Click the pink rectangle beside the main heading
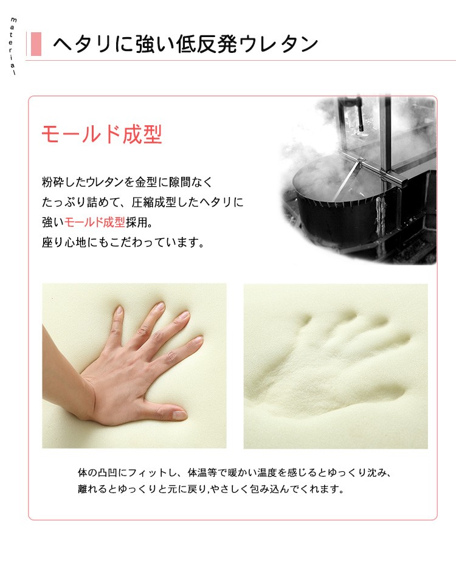(36, 44)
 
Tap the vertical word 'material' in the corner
(13, 46)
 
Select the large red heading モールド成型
(102, 134)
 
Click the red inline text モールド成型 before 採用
(95, 222)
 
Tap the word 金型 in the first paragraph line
(146, 182)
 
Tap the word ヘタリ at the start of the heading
(82, 44)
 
